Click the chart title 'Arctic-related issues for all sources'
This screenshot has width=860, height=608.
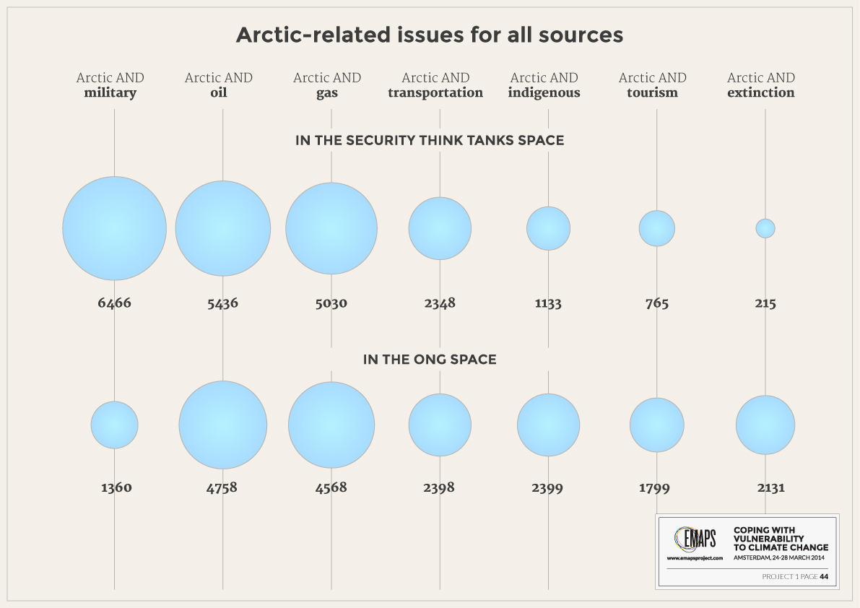pos(430,35)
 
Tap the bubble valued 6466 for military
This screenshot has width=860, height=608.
pos(114,228)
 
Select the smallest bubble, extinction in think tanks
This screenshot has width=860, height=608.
pos(765,228)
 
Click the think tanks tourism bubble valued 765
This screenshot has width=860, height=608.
pos(656,228)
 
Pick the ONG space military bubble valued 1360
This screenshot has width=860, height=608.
pos(114,425)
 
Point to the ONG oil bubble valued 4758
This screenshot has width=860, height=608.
pos(222,425)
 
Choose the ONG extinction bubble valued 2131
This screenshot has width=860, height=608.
pos(765,425)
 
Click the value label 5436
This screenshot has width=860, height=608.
pos(222,303)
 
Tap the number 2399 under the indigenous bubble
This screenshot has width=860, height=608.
pos(547,487)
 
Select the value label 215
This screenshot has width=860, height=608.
pos(765,303)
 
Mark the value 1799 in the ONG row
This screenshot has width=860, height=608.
pos(654,487)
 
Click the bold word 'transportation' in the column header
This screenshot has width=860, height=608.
pos(435,92)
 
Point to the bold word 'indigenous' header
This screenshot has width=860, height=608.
pos(544,92)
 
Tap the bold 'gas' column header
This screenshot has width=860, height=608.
pos(327,93)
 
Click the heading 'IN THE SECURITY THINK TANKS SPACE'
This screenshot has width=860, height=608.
pos(430,140)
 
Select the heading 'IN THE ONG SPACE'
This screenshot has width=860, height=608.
pos(430,360)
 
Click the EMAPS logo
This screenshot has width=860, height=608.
pos(695,539)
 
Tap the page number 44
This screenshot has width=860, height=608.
pos(824,576)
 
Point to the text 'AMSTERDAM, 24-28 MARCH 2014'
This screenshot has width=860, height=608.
pos(779,557)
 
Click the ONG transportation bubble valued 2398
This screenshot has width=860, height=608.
pos(440,425)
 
